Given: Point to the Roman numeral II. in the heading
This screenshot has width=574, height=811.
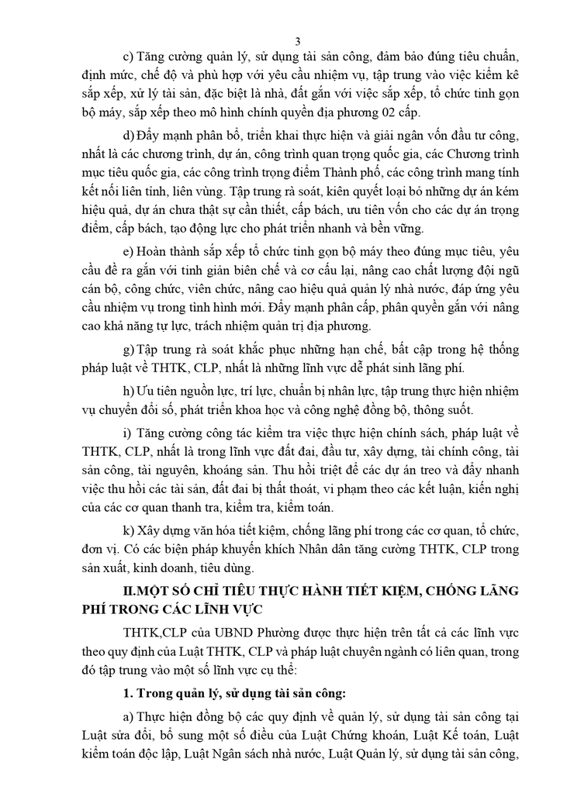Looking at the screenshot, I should pyautogui.click(x=133, y=591).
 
